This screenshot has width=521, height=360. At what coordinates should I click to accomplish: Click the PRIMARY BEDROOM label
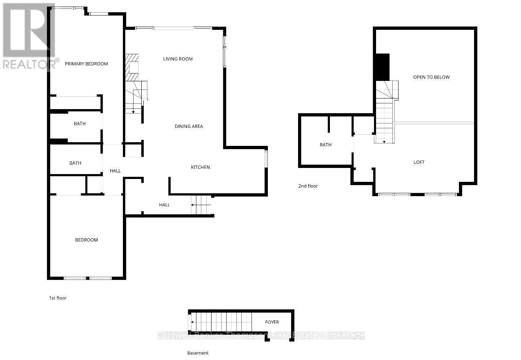point(87,64)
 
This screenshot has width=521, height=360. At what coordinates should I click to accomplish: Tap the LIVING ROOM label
point(178,59)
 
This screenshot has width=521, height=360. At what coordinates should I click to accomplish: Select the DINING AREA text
point(189,126)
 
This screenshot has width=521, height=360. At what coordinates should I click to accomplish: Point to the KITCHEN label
point(200,167)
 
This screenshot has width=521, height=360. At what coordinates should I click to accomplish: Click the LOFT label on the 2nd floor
point(419,162)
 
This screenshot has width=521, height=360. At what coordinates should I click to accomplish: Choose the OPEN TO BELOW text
point(432,77)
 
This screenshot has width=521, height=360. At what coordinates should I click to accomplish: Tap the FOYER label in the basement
point(272,322)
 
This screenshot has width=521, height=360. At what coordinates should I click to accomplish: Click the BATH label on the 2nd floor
point(325,145)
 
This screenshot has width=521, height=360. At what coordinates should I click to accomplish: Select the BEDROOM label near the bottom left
point(87,240)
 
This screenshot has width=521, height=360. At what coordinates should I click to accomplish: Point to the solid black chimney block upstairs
point(383,67)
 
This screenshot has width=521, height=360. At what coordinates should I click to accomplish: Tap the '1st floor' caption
point(57,298)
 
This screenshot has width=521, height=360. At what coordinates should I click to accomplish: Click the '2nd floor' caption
point(308,186)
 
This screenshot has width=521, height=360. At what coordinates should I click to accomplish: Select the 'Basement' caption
point(198,353)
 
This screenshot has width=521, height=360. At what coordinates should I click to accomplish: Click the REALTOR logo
point(29,37)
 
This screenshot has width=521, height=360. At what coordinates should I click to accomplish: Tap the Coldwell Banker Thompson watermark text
point(260,335)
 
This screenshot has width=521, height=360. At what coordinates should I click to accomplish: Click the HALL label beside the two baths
point(115,171)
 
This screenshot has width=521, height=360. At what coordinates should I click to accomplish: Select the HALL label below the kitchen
point(165,205)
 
